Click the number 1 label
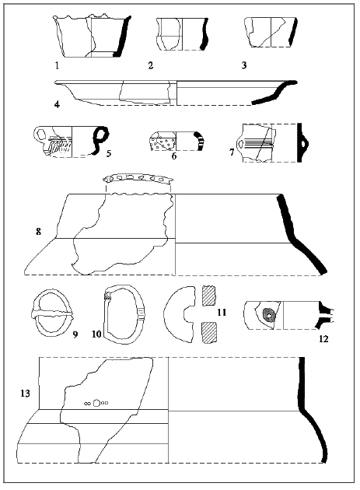point(57,65)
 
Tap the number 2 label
point(151,65)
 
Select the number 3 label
point(244,65)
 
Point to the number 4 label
point(57,104)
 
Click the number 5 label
point(108,153)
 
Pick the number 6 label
point(174,156)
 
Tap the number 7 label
point(232,152)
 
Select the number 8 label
point(38,232)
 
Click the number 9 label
point(75,334)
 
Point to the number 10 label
point(97,334)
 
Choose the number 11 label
point(222,312)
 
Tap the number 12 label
point(323,339)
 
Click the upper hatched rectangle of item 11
point(209,296)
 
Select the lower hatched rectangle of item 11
point(209,333)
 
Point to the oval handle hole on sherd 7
point(240,144)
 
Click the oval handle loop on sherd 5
point(40,135)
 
